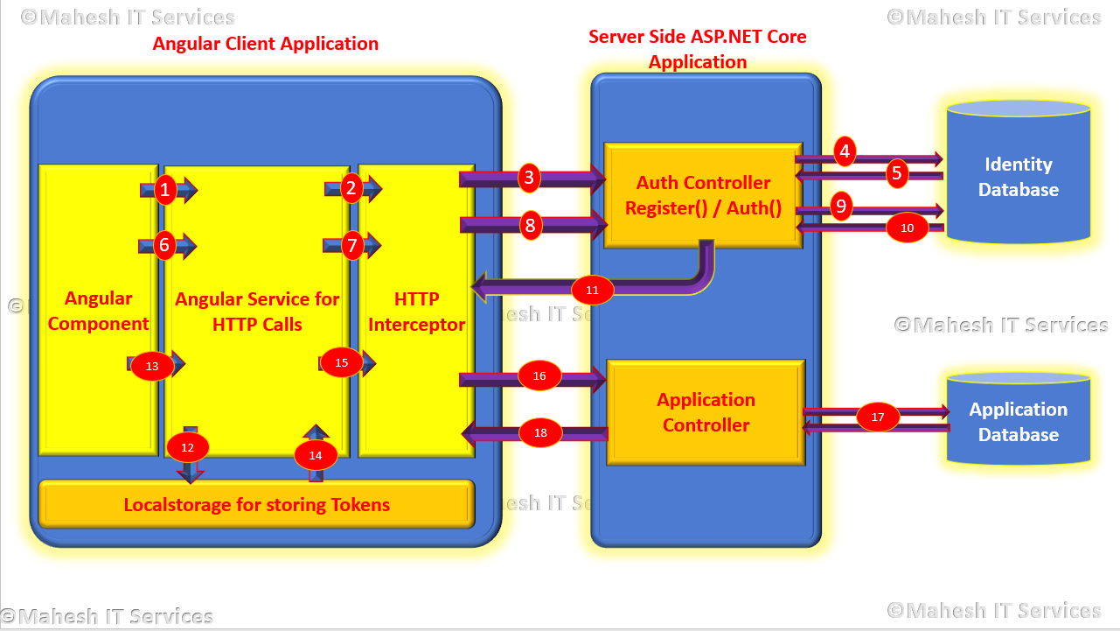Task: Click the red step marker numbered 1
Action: [165, 188]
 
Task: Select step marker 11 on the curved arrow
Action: [593, 290]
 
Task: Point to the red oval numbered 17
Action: [878, 417]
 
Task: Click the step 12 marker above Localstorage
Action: [188, 446]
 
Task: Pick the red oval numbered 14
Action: [316, 454]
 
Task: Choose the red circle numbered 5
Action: [897, 173]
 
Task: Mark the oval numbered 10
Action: [908, 228]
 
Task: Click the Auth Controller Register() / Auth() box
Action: [703, 195]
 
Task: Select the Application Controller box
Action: [705, 412]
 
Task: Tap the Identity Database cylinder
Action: [1019, 176]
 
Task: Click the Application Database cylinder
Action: [1019, 421]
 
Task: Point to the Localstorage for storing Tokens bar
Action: [256, 504]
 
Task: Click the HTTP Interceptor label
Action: [417, 312]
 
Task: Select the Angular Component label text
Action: [98, 311]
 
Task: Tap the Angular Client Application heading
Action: [266, 44]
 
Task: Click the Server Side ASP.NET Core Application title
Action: [698, 49]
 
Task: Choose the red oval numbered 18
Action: [540, 432]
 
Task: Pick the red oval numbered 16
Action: [539, 375]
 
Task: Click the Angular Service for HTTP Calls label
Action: [257, 312]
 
